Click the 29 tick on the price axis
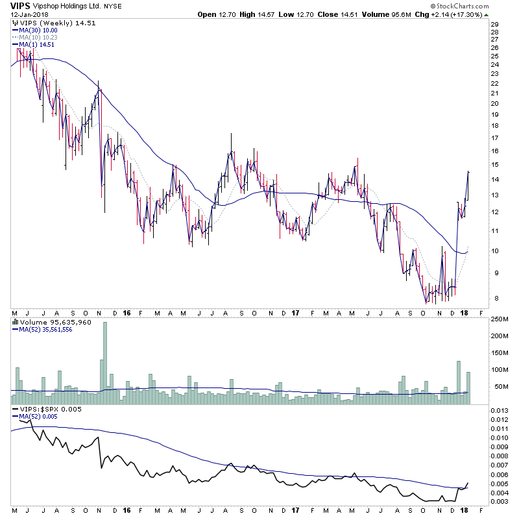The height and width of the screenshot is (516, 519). [x=495, y=24]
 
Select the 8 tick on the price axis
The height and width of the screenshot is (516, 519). [x=494, y=299]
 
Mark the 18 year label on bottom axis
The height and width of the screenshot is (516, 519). [x=467, y=511]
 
